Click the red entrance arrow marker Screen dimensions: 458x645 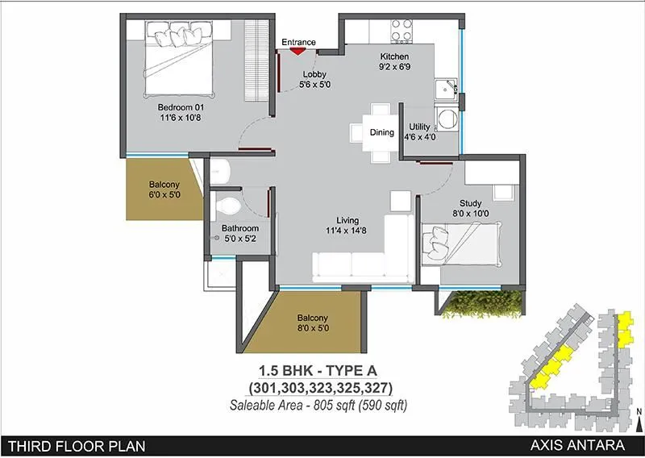point(298,52)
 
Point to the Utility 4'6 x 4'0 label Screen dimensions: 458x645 point(419,132)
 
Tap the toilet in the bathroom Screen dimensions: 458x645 point(231,203)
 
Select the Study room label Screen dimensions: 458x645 point(470,209)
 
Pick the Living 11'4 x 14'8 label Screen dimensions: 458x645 point(349,226)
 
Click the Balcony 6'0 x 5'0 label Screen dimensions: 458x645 point(164,189)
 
